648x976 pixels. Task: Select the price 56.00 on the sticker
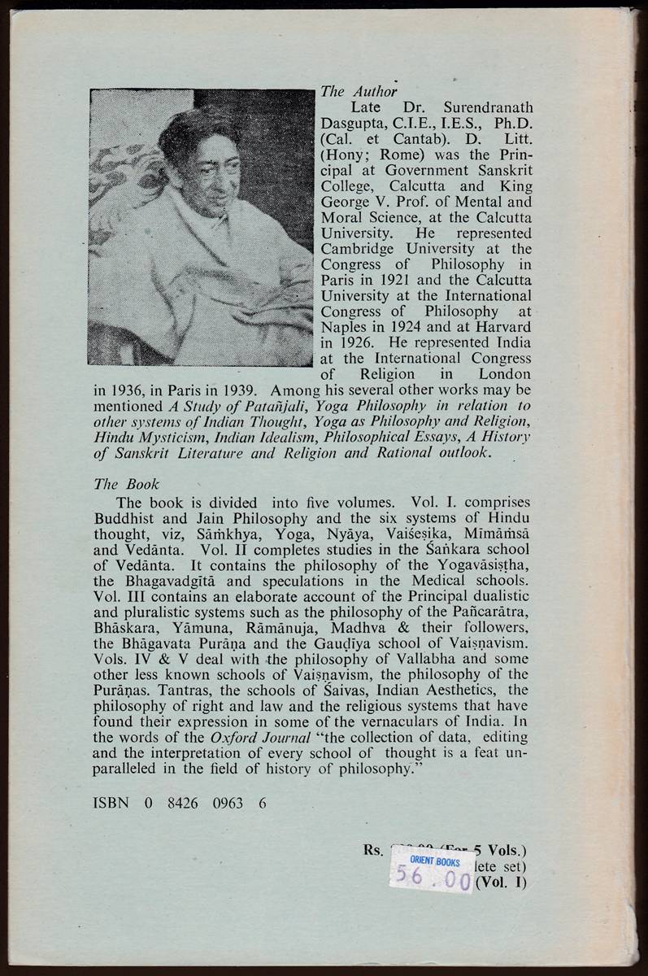pos(430,878)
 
